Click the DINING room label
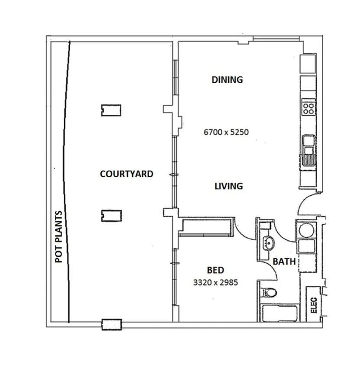click(227, 80)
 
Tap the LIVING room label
click(228, 186)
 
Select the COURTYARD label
click(126, 174)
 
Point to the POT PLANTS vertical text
click(59, 237)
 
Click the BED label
click(215, 271)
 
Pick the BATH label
click(284, 262)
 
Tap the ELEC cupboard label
click(314, 304)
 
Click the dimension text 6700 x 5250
click(226, 132)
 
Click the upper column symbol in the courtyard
click(111, 110)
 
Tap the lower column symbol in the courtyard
click(111, 215)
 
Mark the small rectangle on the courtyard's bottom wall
click(112, 324)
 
